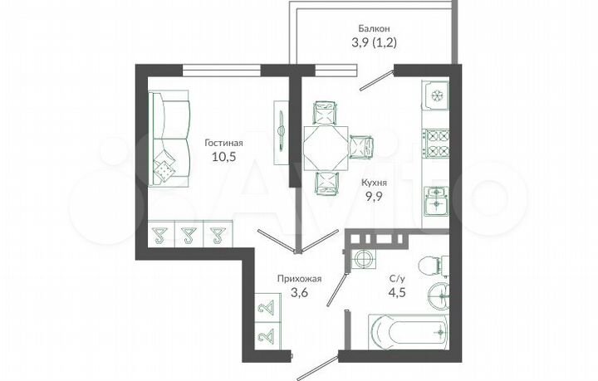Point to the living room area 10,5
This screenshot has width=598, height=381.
point(223,157)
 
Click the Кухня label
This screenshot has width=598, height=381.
point(375,182)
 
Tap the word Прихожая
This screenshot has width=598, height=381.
point(298,280)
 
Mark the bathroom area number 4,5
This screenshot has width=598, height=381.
point(398,294)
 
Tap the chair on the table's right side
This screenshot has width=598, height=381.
point(362,148)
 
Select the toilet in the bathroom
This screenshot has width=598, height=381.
point(429,266)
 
